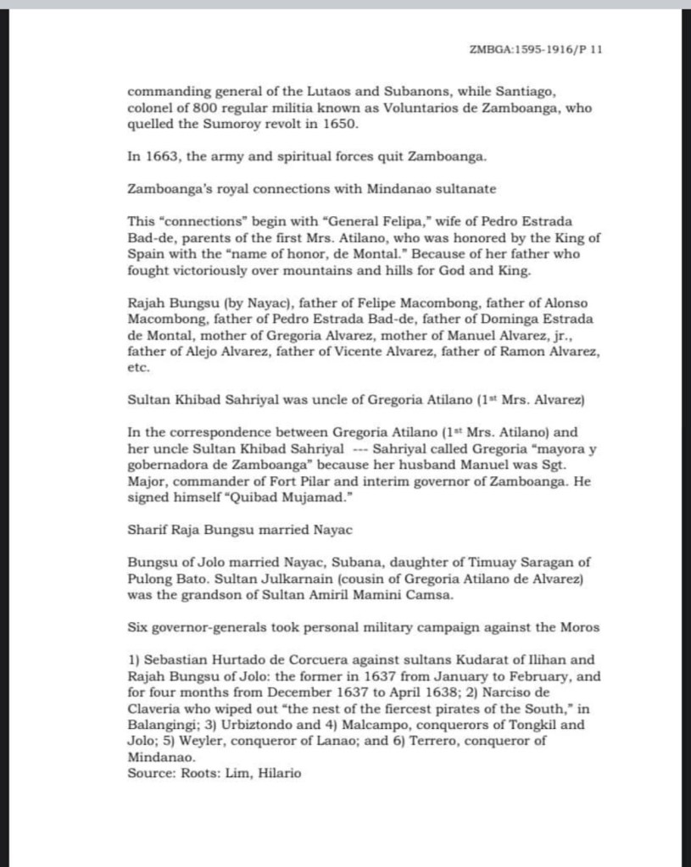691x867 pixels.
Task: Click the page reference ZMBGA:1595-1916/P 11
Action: click(535, 50)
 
